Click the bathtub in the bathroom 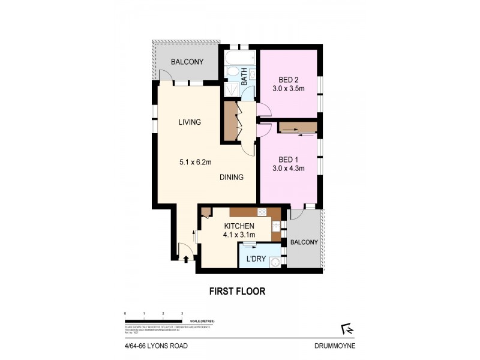(x=240, y=59)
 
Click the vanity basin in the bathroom (x=253, y=74)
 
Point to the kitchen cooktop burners (x=263, y=212)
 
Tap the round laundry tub (x=275, y=262)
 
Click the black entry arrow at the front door (x=185, y=259)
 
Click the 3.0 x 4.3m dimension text (x=288, y=169)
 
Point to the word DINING (x=231, y=177)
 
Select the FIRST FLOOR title (x=236, y=292)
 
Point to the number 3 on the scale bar (x=182, y=314)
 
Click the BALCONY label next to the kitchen (x=304, y=242)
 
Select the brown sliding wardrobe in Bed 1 (x=297, y=127)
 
